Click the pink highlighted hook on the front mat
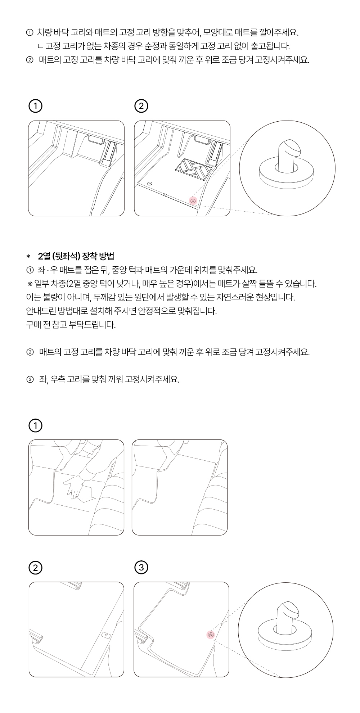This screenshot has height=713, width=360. (x=193, y=201)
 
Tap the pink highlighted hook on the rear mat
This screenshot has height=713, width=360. (x=211, y=635)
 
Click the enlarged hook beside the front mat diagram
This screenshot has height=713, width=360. (x=287, y=164)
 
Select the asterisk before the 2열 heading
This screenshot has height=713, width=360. (x=28, y=257)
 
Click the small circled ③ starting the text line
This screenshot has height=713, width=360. (x=30, y=379)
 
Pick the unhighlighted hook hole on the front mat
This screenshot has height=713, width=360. (x=149, y=184)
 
